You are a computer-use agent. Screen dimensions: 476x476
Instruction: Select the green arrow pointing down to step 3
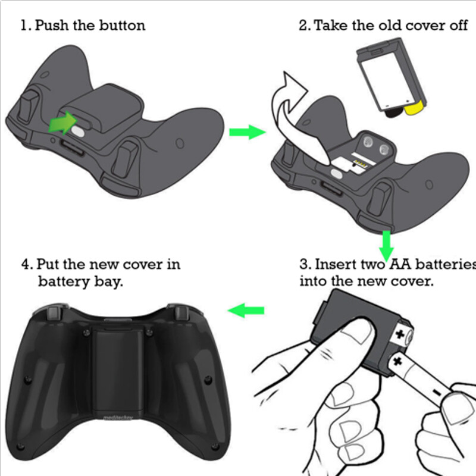tap(386, 241)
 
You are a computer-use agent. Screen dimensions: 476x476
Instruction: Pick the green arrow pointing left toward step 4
tap(246, 309)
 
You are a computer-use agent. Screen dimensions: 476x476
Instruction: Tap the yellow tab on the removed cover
tap(412, 108)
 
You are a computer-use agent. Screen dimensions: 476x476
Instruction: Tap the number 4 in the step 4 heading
tap(25, 264)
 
